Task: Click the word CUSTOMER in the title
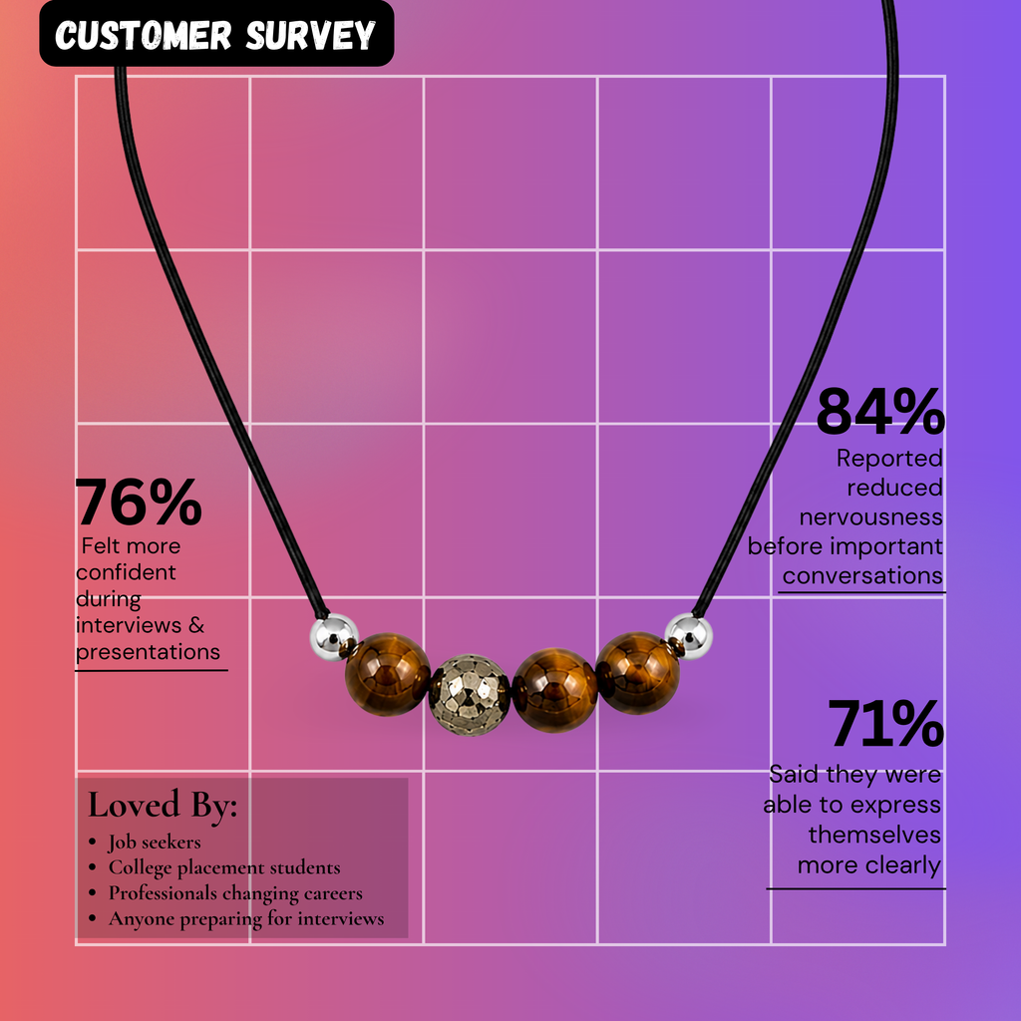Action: pyautogui.click(x=144, y=35)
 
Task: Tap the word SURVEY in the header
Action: pyautogui.click(x=311, y=35)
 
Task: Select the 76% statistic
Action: pyautogui.click(x=139, y=502)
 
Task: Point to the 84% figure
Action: pyautogui.click(x=879, y=412)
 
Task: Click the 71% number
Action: pyautogui.click(x=885, y=723)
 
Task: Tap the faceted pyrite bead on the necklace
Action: pyautogui.click(x=470, y=695)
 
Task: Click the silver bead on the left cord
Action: pyautogui.click(x=333, y=636)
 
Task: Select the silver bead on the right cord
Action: pyautogui.click(x=688, y=635)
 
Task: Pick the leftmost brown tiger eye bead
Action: pyautogui.click(x=388, y=675)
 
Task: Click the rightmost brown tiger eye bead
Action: pyautogui.click(x=637, y=673)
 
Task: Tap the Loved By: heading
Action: pyautogui.click(x=163, y=805)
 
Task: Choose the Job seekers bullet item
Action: pyautogui.click(x=155, y=842)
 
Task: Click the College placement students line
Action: pyautogui.click(x=224, y=867)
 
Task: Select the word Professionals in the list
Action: pyautogui.click(x=163, y=892)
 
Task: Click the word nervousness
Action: pyautogui.click(x=870, y=517)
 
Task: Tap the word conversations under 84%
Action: pyautogui.click(x=862, y=575)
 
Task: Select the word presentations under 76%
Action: pyautogui.click(x=148, y=652)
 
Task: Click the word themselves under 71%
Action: pyautogui.click(x=874, y=835)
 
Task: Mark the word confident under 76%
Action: pyautogui.click(x=126, y=572)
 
